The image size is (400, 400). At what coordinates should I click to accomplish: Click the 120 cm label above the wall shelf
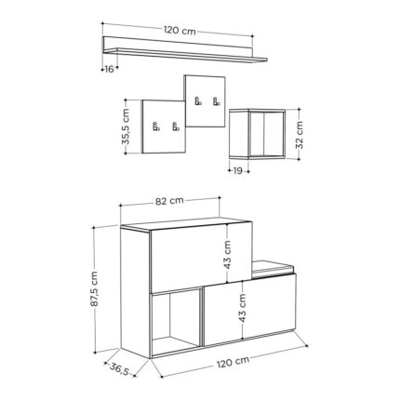click(x=180, y=31)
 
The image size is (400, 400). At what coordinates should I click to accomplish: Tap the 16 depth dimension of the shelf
click(x=109, y=70)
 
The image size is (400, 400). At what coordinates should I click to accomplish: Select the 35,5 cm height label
click(x=127, y=127)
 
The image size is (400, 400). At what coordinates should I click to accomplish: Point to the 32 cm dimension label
click(x=300, y=135)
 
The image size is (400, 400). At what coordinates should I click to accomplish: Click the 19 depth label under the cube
click(x=237, y=170)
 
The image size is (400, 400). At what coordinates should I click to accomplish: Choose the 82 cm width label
click(x=169, y=201)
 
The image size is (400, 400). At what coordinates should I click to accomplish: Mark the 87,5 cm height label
click(x=94, y=289)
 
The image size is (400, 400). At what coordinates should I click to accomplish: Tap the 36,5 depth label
click(x=119, y=368)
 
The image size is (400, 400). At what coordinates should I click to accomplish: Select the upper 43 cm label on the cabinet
click(x=228, y=255)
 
